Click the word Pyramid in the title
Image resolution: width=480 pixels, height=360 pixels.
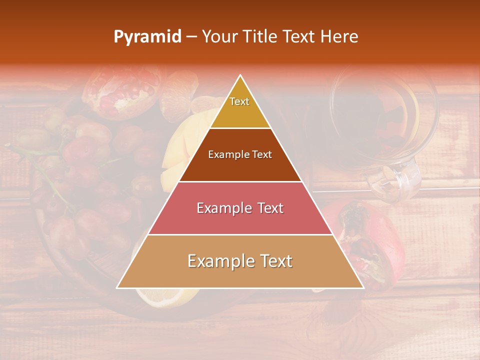147,37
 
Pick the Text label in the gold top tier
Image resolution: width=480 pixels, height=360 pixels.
239,101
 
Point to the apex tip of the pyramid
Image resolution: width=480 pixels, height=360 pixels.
240,75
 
